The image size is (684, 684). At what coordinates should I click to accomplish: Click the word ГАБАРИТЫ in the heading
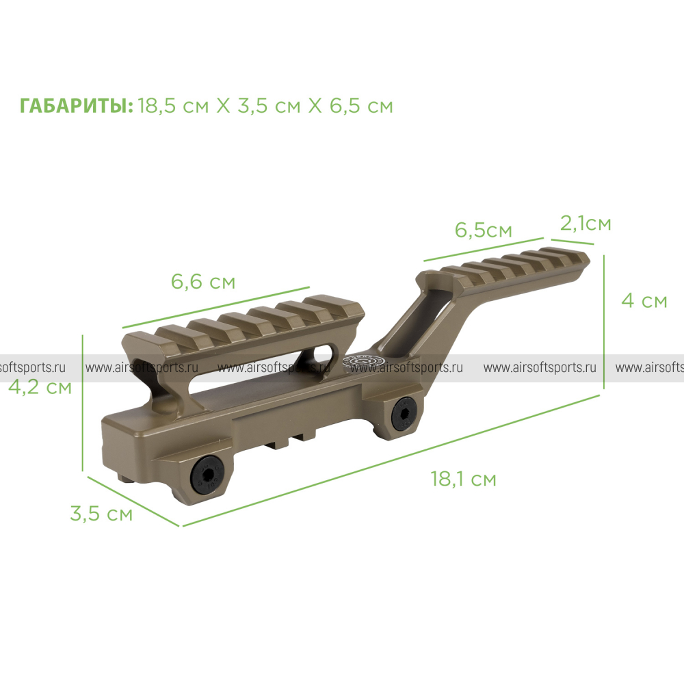[74, 106]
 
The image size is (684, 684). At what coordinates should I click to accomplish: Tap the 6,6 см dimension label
[203, 281]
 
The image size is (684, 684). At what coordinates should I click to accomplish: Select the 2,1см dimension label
[586, 224]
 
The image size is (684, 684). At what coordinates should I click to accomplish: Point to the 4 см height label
[644, 300]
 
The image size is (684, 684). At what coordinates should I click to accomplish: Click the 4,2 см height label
[40, 387]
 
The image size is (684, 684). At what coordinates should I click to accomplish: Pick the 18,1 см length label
[463, 479]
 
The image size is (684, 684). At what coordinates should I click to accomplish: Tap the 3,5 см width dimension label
[101, 514]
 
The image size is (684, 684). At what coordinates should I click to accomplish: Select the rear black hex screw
[404, 415]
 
